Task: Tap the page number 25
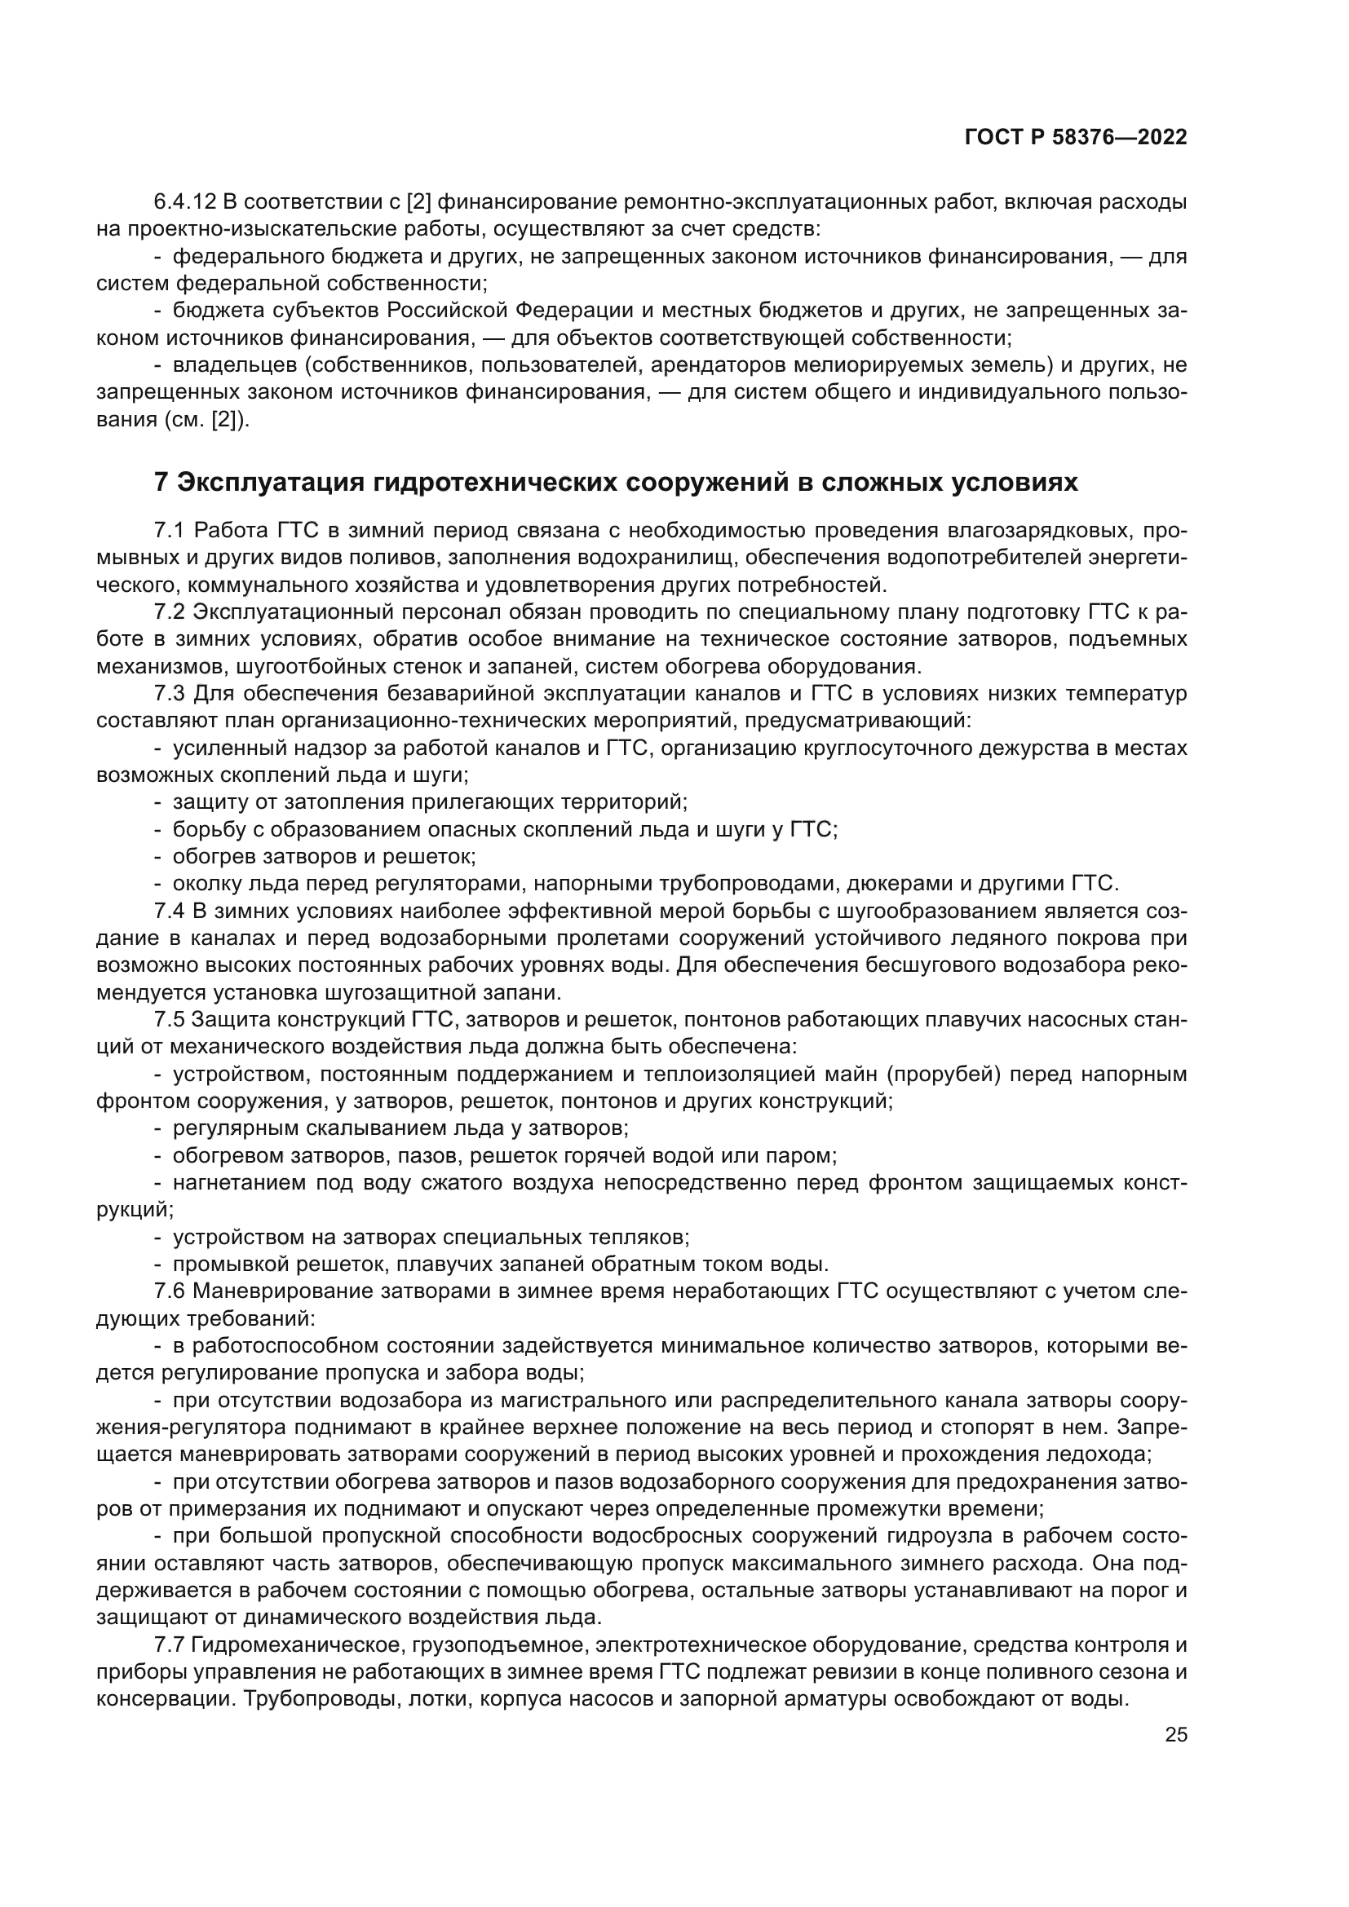pos(1175,1734)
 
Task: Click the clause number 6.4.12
pos(184,202)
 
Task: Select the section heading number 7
pos(161,483)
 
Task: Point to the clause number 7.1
pos(170,531)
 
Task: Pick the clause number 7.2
pos(170,612)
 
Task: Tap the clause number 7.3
pos(170,694)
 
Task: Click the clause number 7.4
pos(170,912)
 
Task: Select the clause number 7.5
pos(170,1020)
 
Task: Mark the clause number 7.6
pos(170,1291)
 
